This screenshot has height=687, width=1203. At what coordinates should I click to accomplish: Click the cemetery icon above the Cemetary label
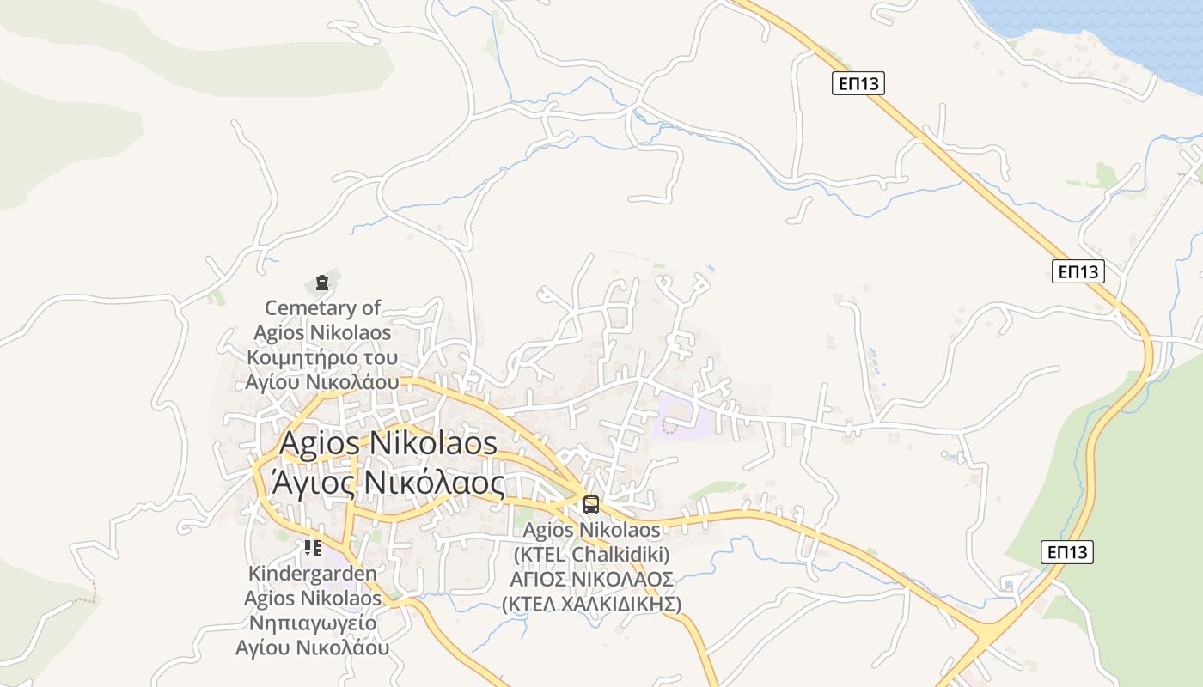pyautogui.click(x=322, y=282)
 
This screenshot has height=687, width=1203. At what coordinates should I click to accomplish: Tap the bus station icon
pyautogui.click(x=591, y=504)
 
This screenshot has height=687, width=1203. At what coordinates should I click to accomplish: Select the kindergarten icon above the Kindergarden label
pyautogui.click(x=313, y=547)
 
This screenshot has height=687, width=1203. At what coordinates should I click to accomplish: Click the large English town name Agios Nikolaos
pyautogui.click(x=388, y=443)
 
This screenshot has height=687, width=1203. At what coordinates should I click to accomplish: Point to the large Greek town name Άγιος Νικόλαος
pyautogui.click(x=388, y=483)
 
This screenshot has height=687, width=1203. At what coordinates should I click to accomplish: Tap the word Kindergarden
pyautogui.click(x=313, y=573)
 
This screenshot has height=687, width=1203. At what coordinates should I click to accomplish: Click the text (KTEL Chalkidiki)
pyautogui.click(x=591, y=554)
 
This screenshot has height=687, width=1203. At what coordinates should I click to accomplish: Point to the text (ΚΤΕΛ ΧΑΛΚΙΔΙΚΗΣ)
pyautogui.click(x=591, y=604)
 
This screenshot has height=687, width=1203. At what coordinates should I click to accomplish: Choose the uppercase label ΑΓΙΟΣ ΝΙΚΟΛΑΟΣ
pyautogui.click(x=591, y=579)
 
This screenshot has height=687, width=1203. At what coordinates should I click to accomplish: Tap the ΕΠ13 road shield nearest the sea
pyautogui.click(x=858, y=83)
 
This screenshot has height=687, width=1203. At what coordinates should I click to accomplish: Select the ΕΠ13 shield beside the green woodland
pyautogui.click(x=1067, y=552)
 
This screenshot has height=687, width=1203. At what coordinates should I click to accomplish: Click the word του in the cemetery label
pyautogui.click(x=382, y=357)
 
